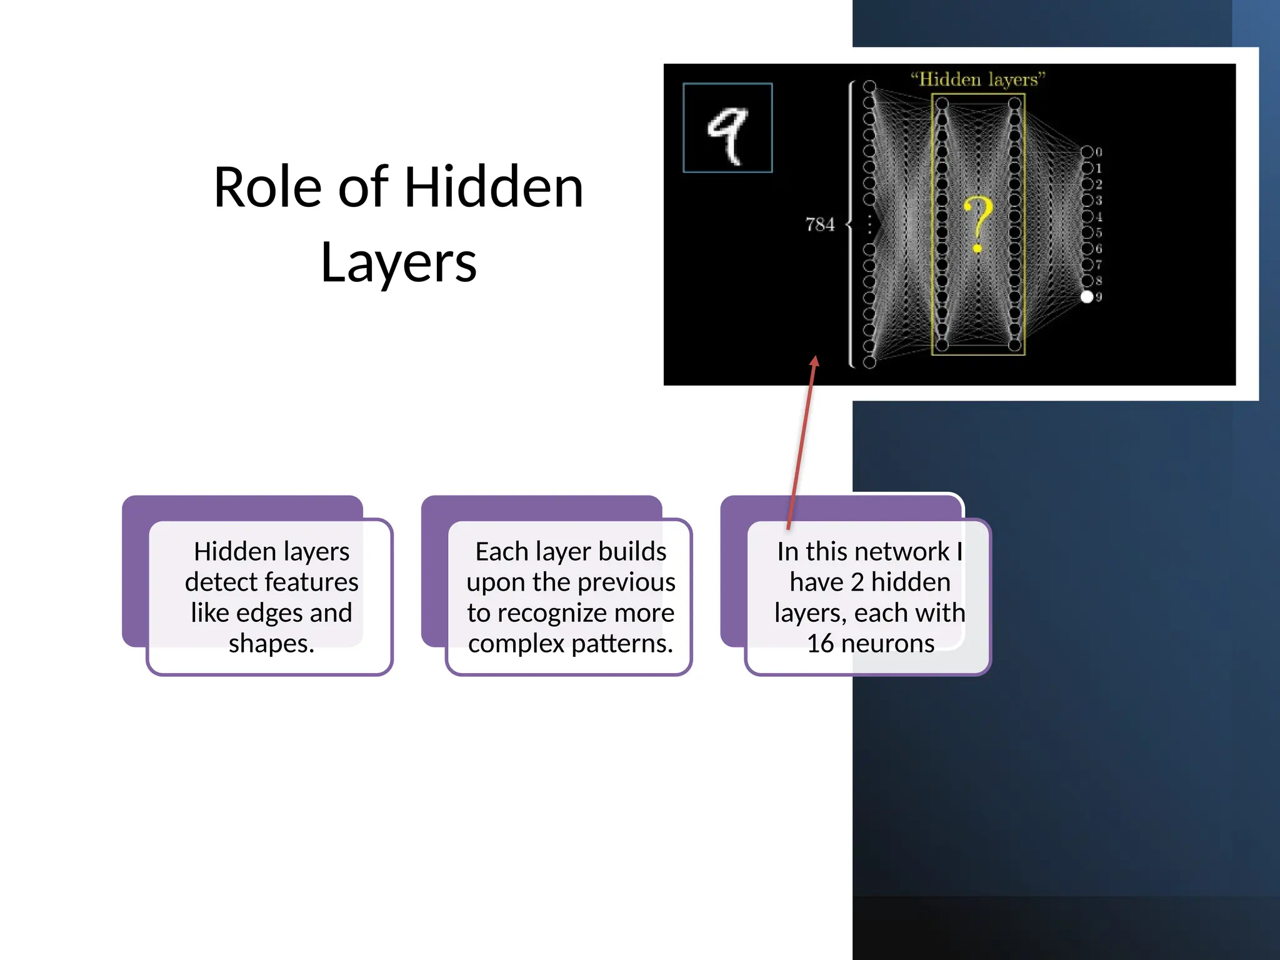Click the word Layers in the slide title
(398, 263)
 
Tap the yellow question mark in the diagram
(977, 224)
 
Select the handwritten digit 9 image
(727, 128)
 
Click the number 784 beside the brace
(819, 224)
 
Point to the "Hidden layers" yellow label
(977, 80)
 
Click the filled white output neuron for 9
(1087, 297)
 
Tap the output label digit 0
(1099, 152)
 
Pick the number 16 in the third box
(820, 643)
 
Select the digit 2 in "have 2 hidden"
(857, 582)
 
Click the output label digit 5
(1099, 232)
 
